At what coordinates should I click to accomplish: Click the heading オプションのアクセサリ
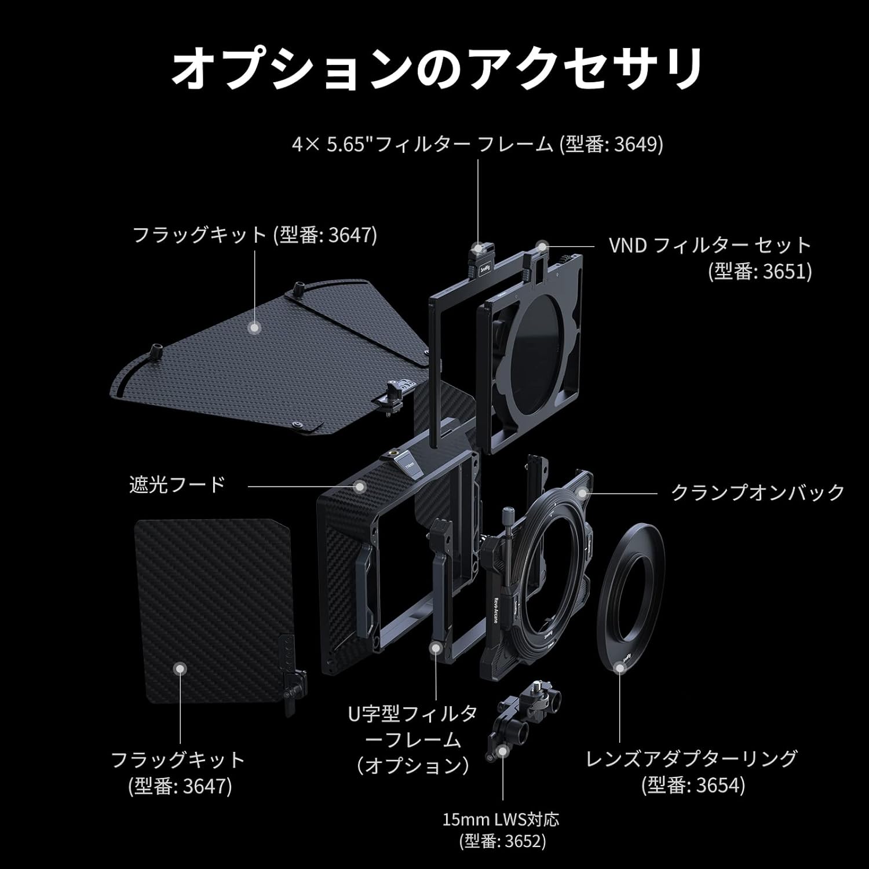pyautogui.click(x=436, y=68)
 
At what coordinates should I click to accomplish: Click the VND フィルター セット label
pyautogui.click(x=710, y=245)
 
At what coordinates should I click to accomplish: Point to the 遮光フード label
pyautogui.click(x=177, y=484)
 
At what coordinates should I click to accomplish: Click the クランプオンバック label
pyautogui.click(x=758, y=492)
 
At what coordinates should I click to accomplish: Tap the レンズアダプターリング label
pyautogui.click(x=692, y=758)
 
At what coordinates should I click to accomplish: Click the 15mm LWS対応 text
pyautogui.click(x=502, y=819)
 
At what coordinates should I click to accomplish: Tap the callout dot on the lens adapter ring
pyautogui.click(x=620, y=668)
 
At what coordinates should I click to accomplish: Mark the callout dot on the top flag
pyautogui.click(x=253, y=327)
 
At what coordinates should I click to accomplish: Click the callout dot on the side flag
pyautogui.click(x=181, y=669)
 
